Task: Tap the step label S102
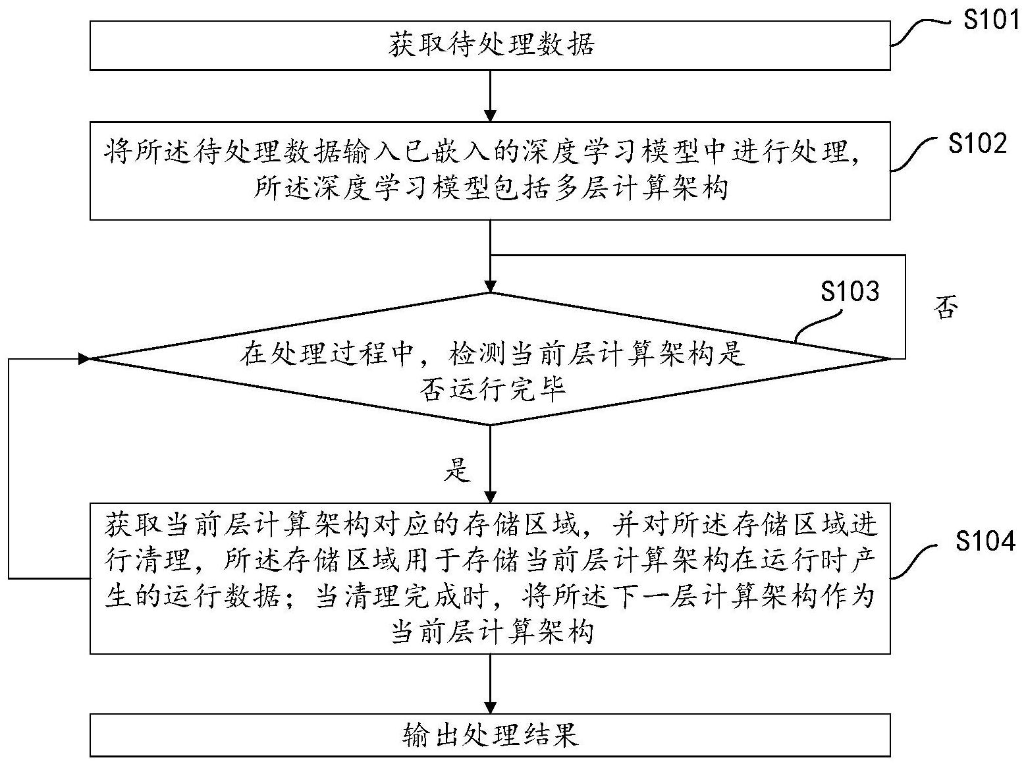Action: pos(978,143)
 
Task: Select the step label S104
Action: pos(985,541)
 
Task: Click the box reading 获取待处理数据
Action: pos(490,45)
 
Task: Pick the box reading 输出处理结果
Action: pos(490,734)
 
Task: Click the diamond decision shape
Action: pos(490,359)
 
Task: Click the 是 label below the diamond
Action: pos(458,469)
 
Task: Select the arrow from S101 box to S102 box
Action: pos(490,96)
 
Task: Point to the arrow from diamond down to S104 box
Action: pos(490,464)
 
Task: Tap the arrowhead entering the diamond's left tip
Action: pos(84,358)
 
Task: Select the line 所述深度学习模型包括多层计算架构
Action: pos(490,189)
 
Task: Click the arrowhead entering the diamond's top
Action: pos(490,286)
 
